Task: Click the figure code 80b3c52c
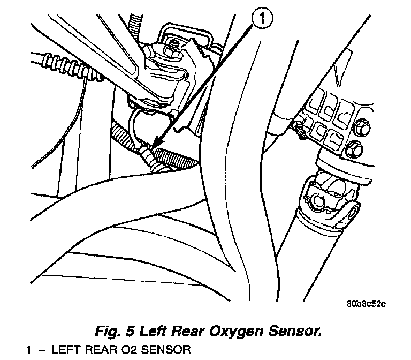(x=366, y=303)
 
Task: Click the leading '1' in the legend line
(x=30, y=351)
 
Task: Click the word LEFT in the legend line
(x=66, y=351)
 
